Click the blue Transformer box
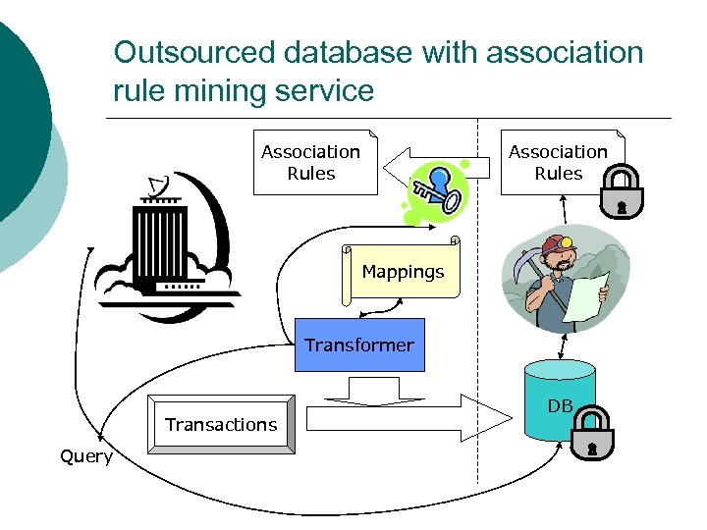[x=359, y=344]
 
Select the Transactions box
[x=220, y=424]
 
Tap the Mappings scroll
[x=402, y=271]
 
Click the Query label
[x=85, y=457]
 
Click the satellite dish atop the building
[x=155, y=185]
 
